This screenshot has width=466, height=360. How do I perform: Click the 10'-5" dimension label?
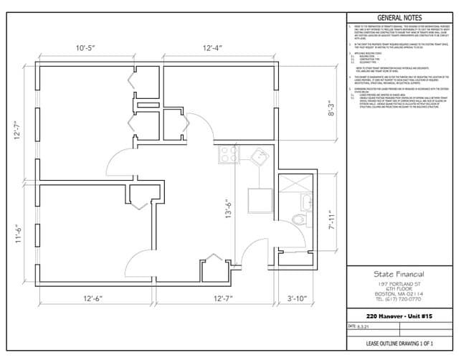pos(92,48)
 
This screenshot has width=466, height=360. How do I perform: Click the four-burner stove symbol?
pos(229,154)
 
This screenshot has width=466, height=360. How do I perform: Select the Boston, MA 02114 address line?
pos(399,293)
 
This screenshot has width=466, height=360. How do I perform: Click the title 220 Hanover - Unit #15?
pos(399,315)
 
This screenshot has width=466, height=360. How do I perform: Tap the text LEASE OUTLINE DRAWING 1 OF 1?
pos(399,344)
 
